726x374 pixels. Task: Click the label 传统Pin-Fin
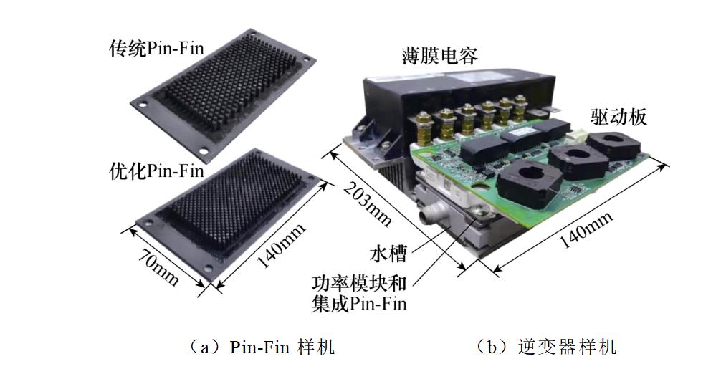tap(156, 49)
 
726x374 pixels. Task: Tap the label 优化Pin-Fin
tap(156, 171)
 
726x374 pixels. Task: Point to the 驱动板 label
tap(619, 116)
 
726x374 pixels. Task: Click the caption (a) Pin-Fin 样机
tap(261, 347)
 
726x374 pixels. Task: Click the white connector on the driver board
tap(577, 133)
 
